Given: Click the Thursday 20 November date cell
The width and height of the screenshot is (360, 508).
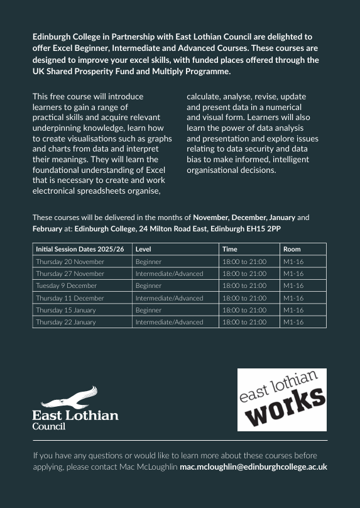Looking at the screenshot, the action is click(70, 262).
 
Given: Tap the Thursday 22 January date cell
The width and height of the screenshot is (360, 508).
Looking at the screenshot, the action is click(66, 322).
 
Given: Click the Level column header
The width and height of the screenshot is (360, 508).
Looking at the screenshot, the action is click(143, 250).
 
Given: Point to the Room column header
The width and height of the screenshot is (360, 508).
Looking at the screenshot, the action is click(292, 250).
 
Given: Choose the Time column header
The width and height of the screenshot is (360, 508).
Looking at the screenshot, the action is click(230, 250).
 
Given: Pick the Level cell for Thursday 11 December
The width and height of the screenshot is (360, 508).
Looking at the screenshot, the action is click(169, 298).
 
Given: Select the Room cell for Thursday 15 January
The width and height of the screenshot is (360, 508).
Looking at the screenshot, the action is click(293, 310).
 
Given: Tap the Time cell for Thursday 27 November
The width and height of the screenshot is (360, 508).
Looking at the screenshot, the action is click(244, 273).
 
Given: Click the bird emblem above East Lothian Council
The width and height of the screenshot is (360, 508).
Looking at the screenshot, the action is click(70, 397).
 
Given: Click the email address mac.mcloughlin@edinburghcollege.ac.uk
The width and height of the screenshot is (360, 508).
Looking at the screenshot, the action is click(253, 467).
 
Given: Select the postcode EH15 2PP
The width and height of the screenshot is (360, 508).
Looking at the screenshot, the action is click(266, 229).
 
